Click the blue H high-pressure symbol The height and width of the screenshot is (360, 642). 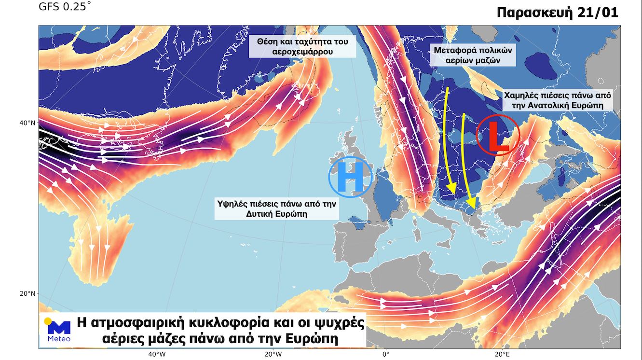[x=350, y=177]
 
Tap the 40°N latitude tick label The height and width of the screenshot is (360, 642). [x=27, y=123]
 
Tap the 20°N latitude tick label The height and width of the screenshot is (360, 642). [x=27, y=293]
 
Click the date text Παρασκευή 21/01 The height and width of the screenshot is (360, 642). [x=557, y=13]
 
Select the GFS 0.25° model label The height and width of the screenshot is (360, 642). [x=64, y=7]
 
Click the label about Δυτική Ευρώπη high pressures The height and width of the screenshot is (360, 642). [x=276, y=208]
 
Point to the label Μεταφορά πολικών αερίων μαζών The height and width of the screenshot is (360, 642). [x=473, y=55]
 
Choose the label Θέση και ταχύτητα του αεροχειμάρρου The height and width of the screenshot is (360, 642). [x=299, y=46]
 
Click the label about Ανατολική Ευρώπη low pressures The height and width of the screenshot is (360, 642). [x=557, y=100]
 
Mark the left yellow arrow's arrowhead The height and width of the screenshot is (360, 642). [x=451, y=189]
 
